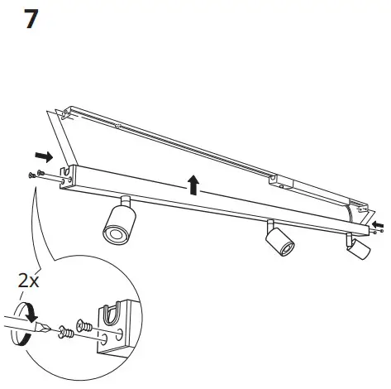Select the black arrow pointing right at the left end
45,156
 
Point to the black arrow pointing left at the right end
377,225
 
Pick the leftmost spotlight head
117,226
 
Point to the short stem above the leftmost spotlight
125,201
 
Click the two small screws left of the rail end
35,174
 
